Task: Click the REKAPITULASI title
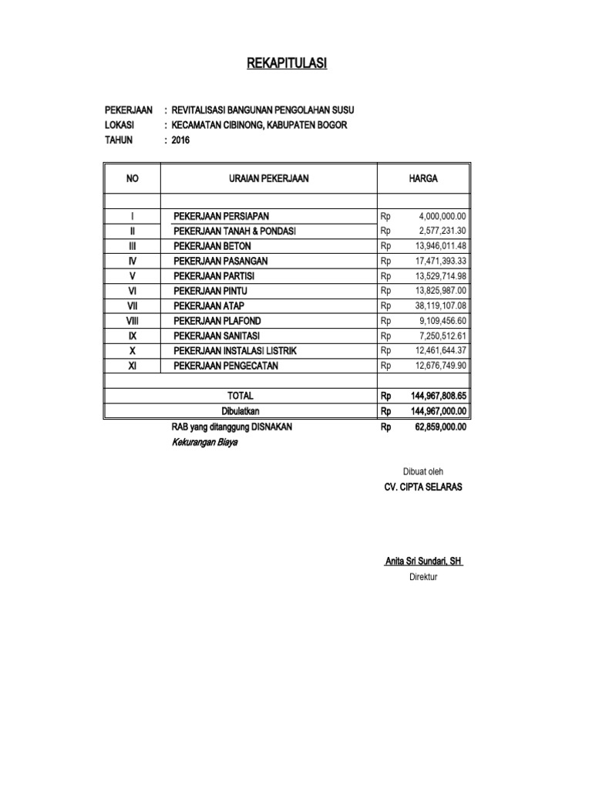(x=287, y=63)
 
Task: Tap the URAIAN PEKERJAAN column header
(x=268, y=178)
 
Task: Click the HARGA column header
(x=423, y=178)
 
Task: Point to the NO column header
(x=132, y=178)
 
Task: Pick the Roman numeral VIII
(x=132, y=321)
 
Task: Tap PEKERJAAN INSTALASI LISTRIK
(x=235, y=351)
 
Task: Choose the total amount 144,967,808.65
(x=439, y=396)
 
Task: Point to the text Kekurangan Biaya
(x=205, y=442)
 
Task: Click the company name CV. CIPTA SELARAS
(x=423, y=488)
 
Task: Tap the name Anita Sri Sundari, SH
(x=423, y=562)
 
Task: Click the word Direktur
(x=423, y=576)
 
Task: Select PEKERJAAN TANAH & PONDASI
(x=235, y=231)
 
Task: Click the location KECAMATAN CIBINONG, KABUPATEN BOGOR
(x=259, y=125)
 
